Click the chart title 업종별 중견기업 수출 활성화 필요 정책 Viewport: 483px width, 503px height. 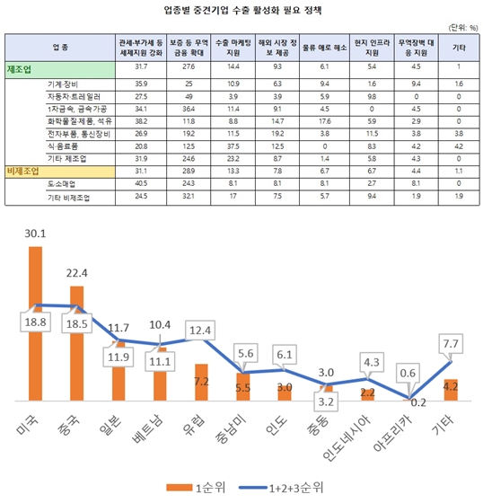[x=242, y=11]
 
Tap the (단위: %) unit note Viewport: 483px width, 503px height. [x=461, y=28]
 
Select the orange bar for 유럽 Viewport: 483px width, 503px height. [x=201, y=381]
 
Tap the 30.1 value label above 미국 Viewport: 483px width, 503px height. [x=36, y=234]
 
